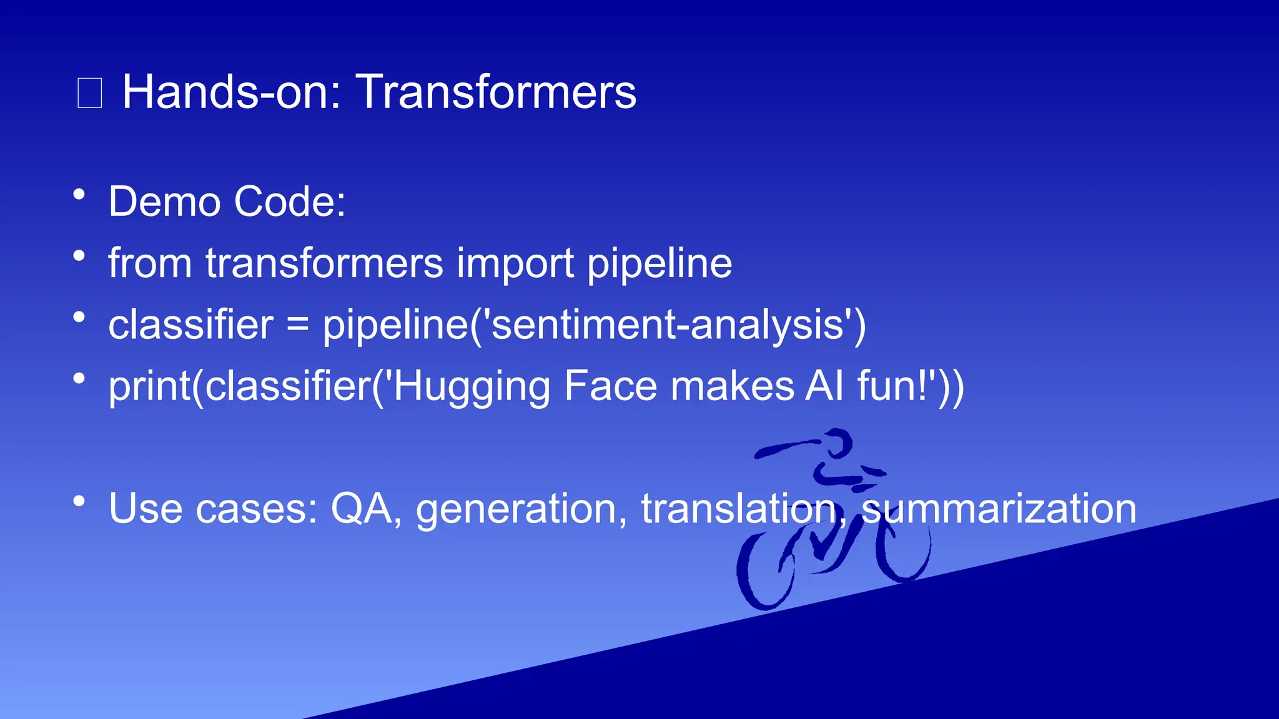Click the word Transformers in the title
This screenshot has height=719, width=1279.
(496, 92)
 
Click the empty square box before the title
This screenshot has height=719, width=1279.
(89, 93)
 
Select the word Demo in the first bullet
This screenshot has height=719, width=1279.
(164, 202)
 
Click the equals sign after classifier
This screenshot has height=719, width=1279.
(298, 325)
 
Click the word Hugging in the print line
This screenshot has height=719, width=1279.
(472, 386)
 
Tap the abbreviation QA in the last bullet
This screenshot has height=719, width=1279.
(362, 508)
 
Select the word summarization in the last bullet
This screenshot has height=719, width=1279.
(999, 508)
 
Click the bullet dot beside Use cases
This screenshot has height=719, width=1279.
(79, 501)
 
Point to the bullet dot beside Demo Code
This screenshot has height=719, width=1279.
(79, 194)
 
